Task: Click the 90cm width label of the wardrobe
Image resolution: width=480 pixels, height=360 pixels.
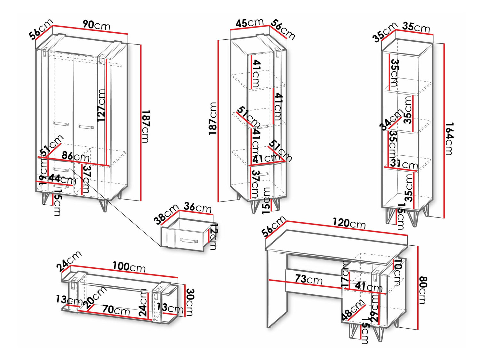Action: pyautogui.click(x=96, y=25)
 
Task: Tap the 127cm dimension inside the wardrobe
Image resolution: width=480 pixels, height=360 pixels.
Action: pyautogui.click(x=101, y=105)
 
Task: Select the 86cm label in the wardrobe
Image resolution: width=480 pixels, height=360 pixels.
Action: pyautogui.click(x=76, y=156)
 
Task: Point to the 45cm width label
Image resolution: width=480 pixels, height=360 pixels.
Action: pyautogui.click(x=250, y=23)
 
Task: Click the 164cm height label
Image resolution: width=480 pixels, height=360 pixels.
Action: pyautogui.click(x=449, y=138)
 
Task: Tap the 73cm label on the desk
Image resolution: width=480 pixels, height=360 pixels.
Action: pyautogui.click(x=308, y=279)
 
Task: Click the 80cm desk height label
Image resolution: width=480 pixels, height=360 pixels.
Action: pyautogui.click(x=422, y=290)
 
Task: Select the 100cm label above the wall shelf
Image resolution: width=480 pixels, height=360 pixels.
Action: pyautogui.click(x=129, y=266)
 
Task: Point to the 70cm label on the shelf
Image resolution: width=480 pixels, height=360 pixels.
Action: pyautogui.click(x=116, y=310)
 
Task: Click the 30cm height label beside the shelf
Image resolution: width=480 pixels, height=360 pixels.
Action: pyautogui.click(x=189, y=302)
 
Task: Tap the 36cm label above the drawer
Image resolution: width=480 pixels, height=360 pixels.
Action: pyautogui.click(x=198, y=207)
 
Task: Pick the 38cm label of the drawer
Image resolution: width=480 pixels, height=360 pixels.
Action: pyautogui.click(x=165, y=214)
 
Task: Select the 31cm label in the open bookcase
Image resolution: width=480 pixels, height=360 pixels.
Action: pyautogui.click(x=404, y=164)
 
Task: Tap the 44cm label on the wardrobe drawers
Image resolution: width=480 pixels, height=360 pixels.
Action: pyautogui.click(x=62, y=179)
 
